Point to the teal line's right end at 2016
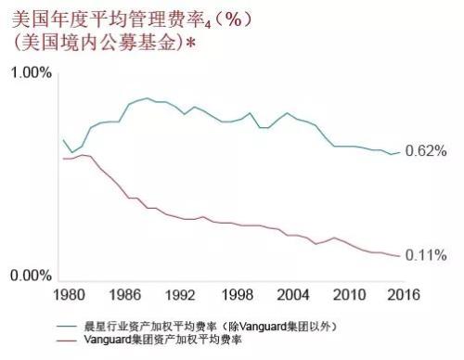[x=400, y=152]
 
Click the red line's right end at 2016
[x=400, y=256]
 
